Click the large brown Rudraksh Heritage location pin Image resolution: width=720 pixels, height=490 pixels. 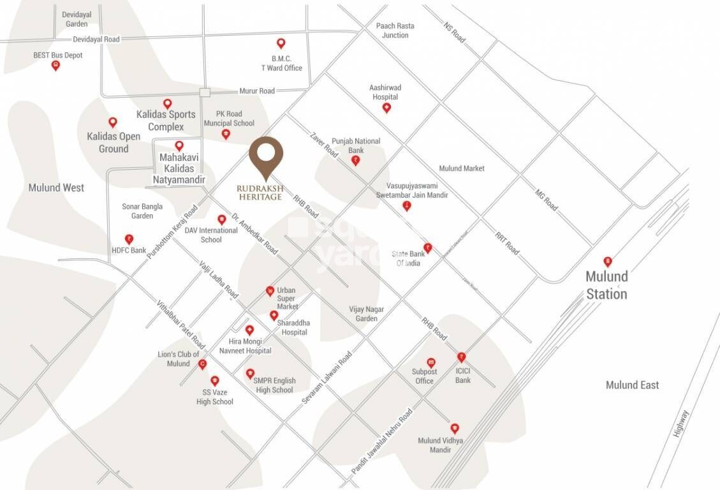[x=266, y=155]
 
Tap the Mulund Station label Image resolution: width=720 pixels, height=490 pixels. [x=606, y=285]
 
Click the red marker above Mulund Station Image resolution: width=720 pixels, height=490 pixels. [x=608, y=262]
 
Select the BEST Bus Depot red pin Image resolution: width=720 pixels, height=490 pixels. [x=55, y=65]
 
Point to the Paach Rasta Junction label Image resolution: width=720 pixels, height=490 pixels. [x=395, y=31]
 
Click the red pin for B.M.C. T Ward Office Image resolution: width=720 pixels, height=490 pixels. [x=281, y=43]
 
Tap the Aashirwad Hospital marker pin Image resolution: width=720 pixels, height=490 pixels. [x=386, y=108]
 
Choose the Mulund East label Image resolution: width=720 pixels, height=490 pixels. [x=632, y=385]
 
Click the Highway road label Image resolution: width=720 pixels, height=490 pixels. [x=681, y=422]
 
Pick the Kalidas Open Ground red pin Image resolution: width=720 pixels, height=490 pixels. [x=113, y=122]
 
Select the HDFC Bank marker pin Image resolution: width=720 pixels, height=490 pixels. [x=129, y=239]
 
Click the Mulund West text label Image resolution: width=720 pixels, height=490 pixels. [x=56, y=188]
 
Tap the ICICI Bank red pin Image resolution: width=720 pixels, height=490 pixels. [x=461, y=357]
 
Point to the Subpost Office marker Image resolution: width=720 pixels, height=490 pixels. [x=431, y=362]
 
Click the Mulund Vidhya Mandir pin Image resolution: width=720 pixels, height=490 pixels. [x=455, y=428]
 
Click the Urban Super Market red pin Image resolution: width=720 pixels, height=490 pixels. [x=270, y=292]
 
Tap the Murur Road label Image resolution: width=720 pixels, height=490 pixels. [x=257, y=91]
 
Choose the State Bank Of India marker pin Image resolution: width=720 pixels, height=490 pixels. [x=428, y=248]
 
